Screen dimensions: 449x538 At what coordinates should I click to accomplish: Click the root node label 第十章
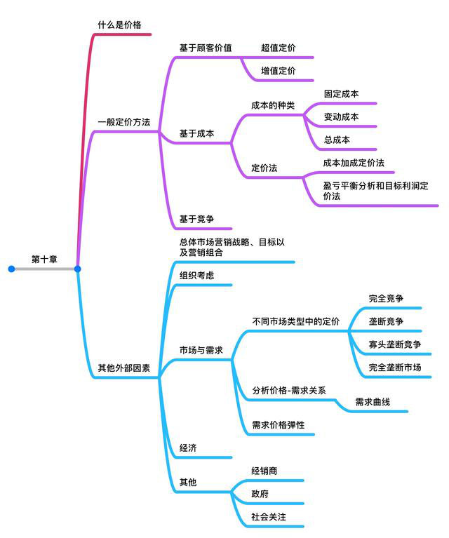[x=44, y=259]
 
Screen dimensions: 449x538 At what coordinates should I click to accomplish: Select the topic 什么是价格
[x=119, y=25]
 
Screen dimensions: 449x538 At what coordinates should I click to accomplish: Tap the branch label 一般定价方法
[x=124, y=122]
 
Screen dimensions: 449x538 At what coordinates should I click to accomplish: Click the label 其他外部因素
[x=124, y=368]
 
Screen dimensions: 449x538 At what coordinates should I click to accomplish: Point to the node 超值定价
[x=278, y=48]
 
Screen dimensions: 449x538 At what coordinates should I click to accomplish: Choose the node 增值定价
[x=278, y=71]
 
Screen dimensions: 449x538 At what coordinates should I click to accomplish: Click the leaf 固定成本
[x=341, y=94]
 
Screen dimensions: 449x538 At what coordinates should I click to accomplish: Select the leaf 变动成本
[x=341, y=116]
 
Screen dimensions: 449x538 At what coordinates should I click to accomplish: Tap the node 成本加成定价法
[x=354, y=163]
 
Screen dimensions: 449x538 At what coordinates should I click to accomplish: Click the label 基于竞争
[x=196, y=219]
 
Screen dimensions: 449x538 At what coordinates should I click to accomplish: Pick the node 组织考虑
[x=196, y=275]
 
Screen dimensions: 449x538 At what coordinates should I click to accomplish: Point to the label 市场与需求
[x=201, y=350]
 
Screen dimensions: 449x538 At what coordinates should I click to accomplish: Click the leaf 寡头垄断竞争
[x=395, y=344]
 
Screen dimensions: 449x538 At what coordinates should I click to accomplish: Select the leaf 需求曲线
[x=373, y=402]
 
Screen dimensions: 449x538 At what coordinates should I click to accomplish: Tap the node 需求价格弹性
[x=278, y=425]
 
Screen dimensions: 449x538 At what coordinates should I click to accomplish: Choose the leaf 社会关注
[x=269, y=517]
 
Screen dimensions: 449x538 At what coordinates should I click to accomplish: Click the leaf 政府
[x=260, y=494]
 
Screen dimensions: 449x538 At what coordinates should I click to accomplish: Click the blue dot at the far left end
[x=12, y=269]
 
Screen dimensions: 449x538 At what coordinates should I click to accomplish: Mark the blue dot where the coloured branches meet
[x=78, y=269]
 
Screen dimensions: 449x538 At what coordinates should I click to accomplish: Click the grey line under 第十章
[x=45, y=269]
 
